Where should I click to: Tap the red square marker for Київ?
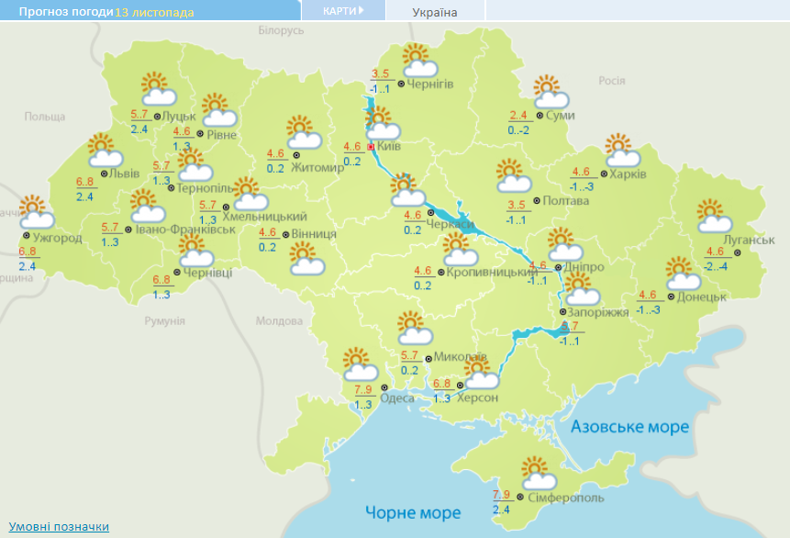pyautogui.click(x=372, y=146)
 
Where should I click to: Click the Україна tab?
pyautogui.click(x=435, y=12)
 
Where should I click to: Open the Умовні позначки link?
pyautogui.click(x=59, y=526)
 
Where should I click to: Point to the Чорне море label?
pyautogui.click(x=409, y=511)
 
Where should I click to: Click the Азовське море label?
pyautogui.click(x=629, y=427)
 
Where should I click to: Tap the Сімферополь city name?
pyautogui.click(x=566, y=497)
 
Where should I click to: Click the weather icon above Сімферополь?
pyautogui.click(x=539, y=474)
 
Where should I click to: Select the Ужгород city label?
pyautogui.click(x=58, y=238)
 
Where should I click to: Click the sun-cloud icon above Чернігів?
pyautogui.click(x=418, y=61)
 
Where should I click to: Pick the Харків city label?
pyautogui.click(x=629, y=174)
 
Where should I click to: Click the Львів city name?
pyautogui.click(x=124, y=174)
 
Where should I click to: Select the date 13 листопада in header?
pyautogui.click(x=154, y=12)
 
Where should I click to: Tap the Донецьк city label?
pyautogui.click(x=703, y=297)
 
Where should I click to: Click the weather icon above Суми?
pyautogui.click(x=551, y=92)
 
